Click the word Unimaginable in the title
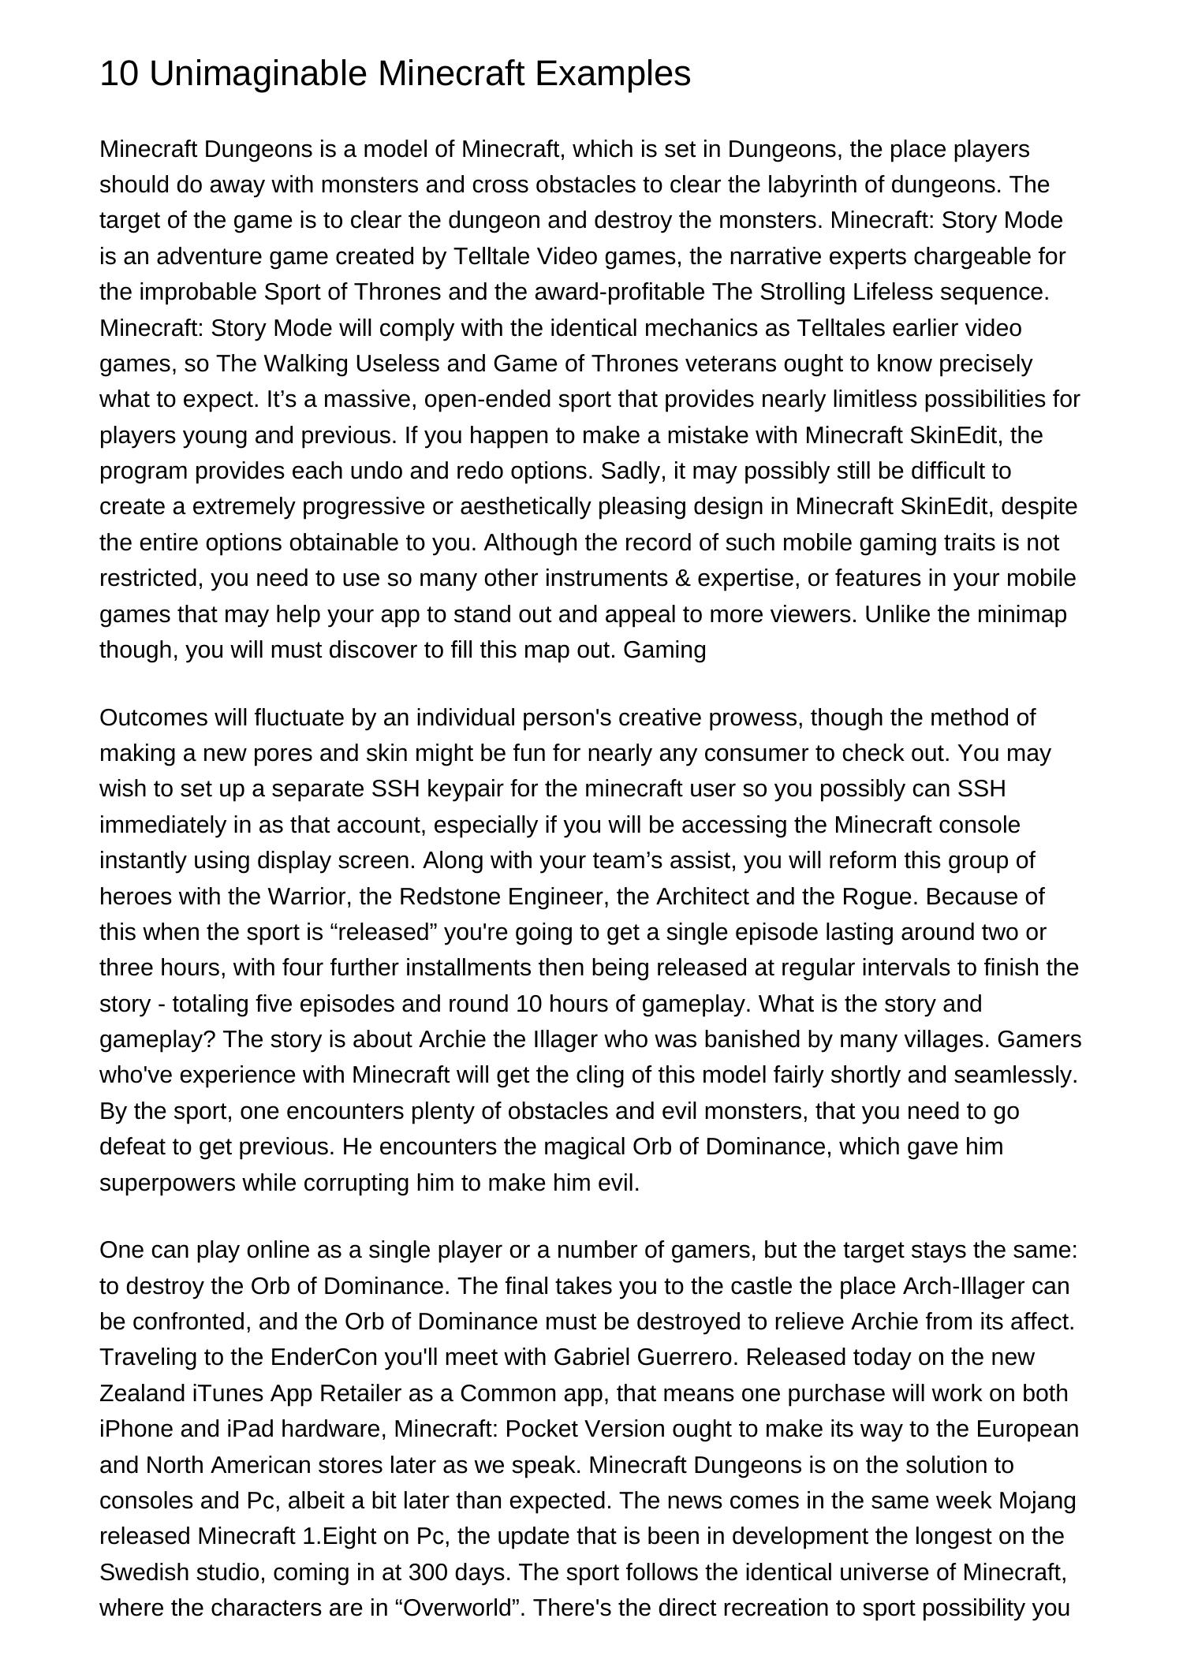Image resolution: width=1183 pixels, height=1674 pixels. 257,74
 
